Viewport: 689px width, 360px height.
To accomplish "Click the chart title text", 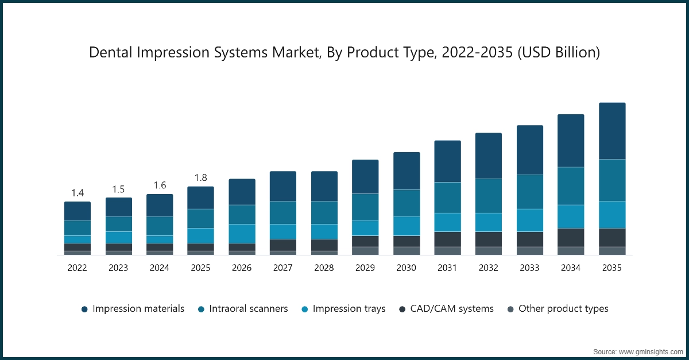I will click(x=344, y=53).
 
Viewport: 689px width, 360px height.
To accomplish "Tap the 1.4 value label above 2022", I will click(x=77, y=192).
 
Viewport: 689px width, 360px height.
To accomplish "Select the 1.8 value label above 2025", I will click(x=200, y=177).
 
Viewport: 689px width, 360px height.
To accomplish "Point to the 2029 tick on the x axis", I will click(x=365, y=268).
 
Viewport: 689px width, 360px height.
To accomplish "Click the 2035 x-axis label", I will click(x=612, y=268).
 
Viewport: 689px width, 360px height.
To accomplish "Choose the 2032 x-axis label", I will click(x=489, y=268).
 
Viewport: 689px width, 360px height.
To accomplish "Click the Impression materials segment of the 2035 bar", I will click(x=612, y=131).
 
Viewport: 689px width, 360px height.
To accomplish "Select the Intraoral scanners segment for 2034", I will click(x=571, y=186).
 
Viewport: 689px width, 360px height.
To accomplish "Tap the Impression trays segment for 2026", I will click(x=242, y=233).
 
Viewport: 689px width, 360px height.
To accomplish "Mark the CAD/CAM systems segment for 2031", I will click(x=447, y=239).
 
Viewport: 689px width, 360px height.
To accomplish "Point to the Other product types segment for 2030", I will click(x=407, y=251).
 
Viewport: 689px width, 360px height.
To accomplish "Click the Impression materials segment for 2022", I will click(x=77, y=211).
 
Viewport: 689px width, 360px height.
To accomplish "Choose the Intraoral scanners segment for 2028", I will click(x=324, y=212).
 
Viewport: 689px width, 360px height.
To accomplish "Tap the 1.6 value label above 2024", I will click(x=159, y=185).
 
